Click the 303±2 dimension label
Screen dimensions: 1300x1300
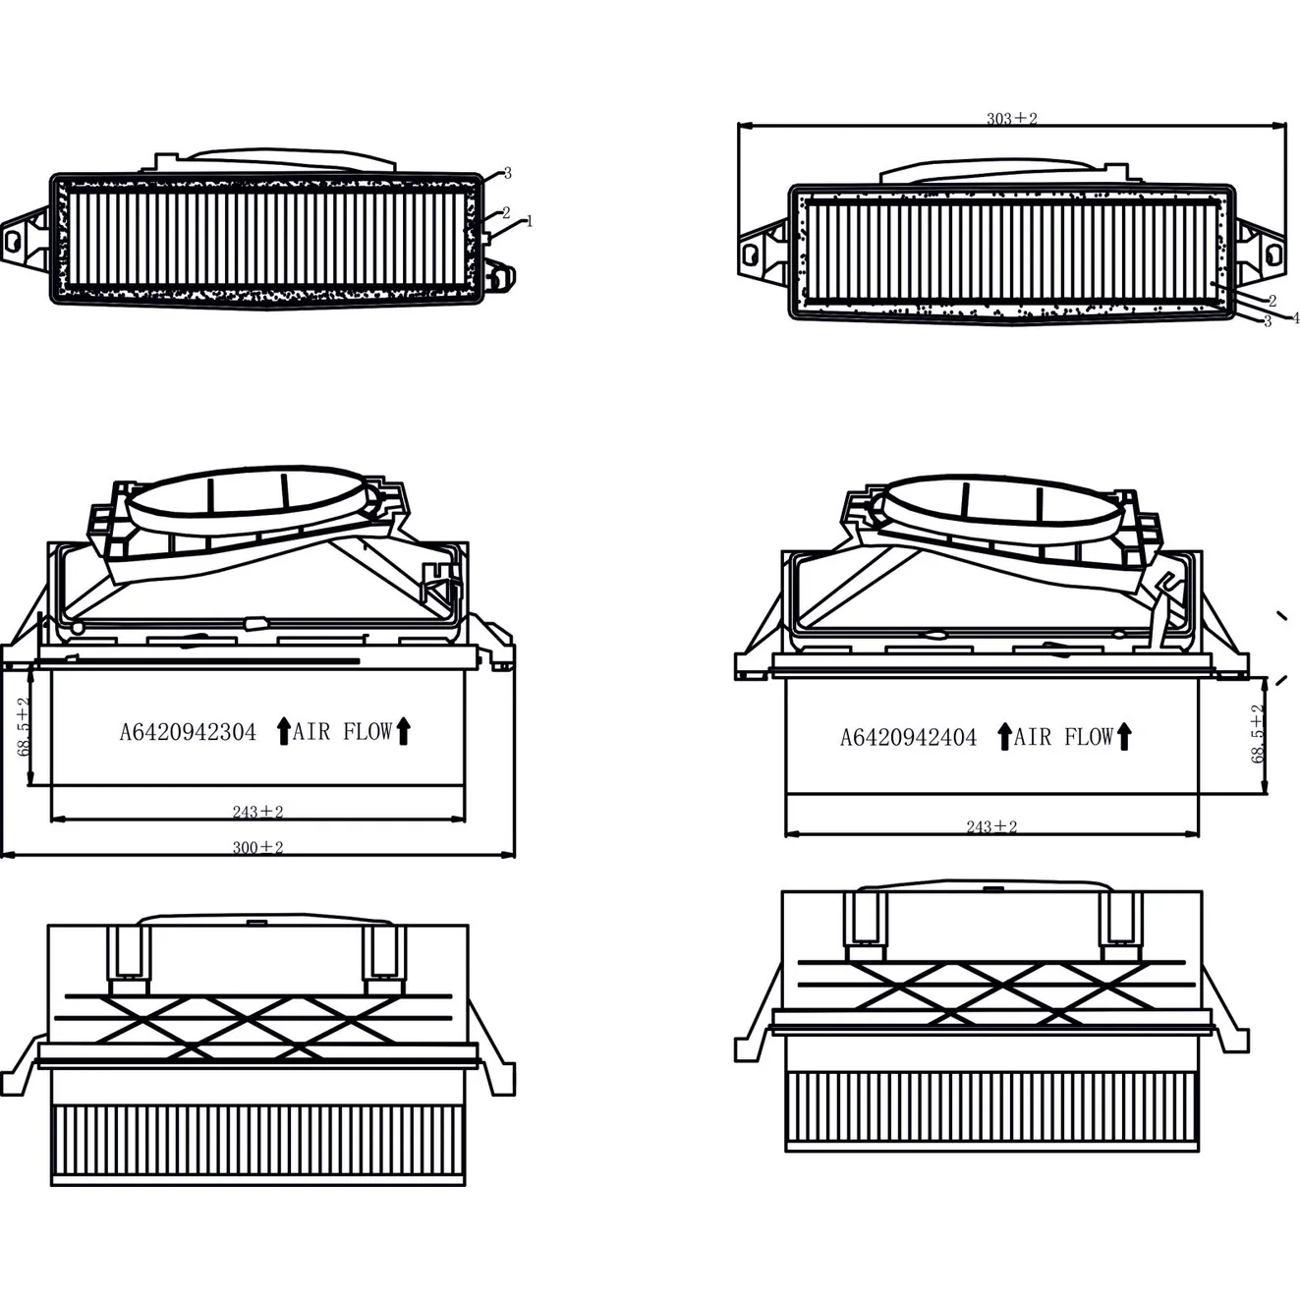[x=1011, y=119]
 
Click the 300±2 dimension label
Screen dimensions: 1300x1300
[x=257, y=847]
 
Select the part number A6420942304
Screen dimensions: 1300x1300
[x=188, y=732]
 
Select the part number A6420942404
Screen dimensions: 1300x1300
[x=908, y=737]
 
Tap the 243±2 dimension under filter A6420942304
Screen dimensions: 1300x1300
[x=257, y=812]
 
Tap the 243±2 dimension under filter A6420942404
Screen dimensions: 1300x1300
[x=991, y=826]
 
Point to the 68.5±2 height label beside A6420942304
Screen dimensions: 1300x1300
[x=25, y=726]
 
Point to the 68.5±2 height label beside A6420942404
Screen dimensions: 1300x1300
[x=1258, y=733]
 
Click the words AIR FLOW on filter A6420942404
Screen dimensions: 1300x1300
[x=1063, y=737]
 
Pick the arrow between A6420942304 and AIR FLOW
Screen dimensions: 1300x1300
[x=284, y=731]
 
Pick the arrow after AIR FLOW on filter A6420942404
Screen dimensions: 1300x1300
[x=1124, y=737]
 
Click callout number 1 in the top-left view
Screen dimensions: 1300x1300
[x=530, y=221]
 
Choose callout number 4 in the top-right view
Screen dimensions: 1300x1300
[x=1295, y=317]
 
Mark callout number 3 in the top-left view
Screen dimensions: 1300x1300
[x=507, y=173]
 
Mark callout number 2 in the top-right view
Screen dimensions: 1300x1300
[x=1272, y=301]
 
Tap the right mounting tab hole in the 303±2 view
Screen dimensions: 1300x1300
[x=1273, y=254]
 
